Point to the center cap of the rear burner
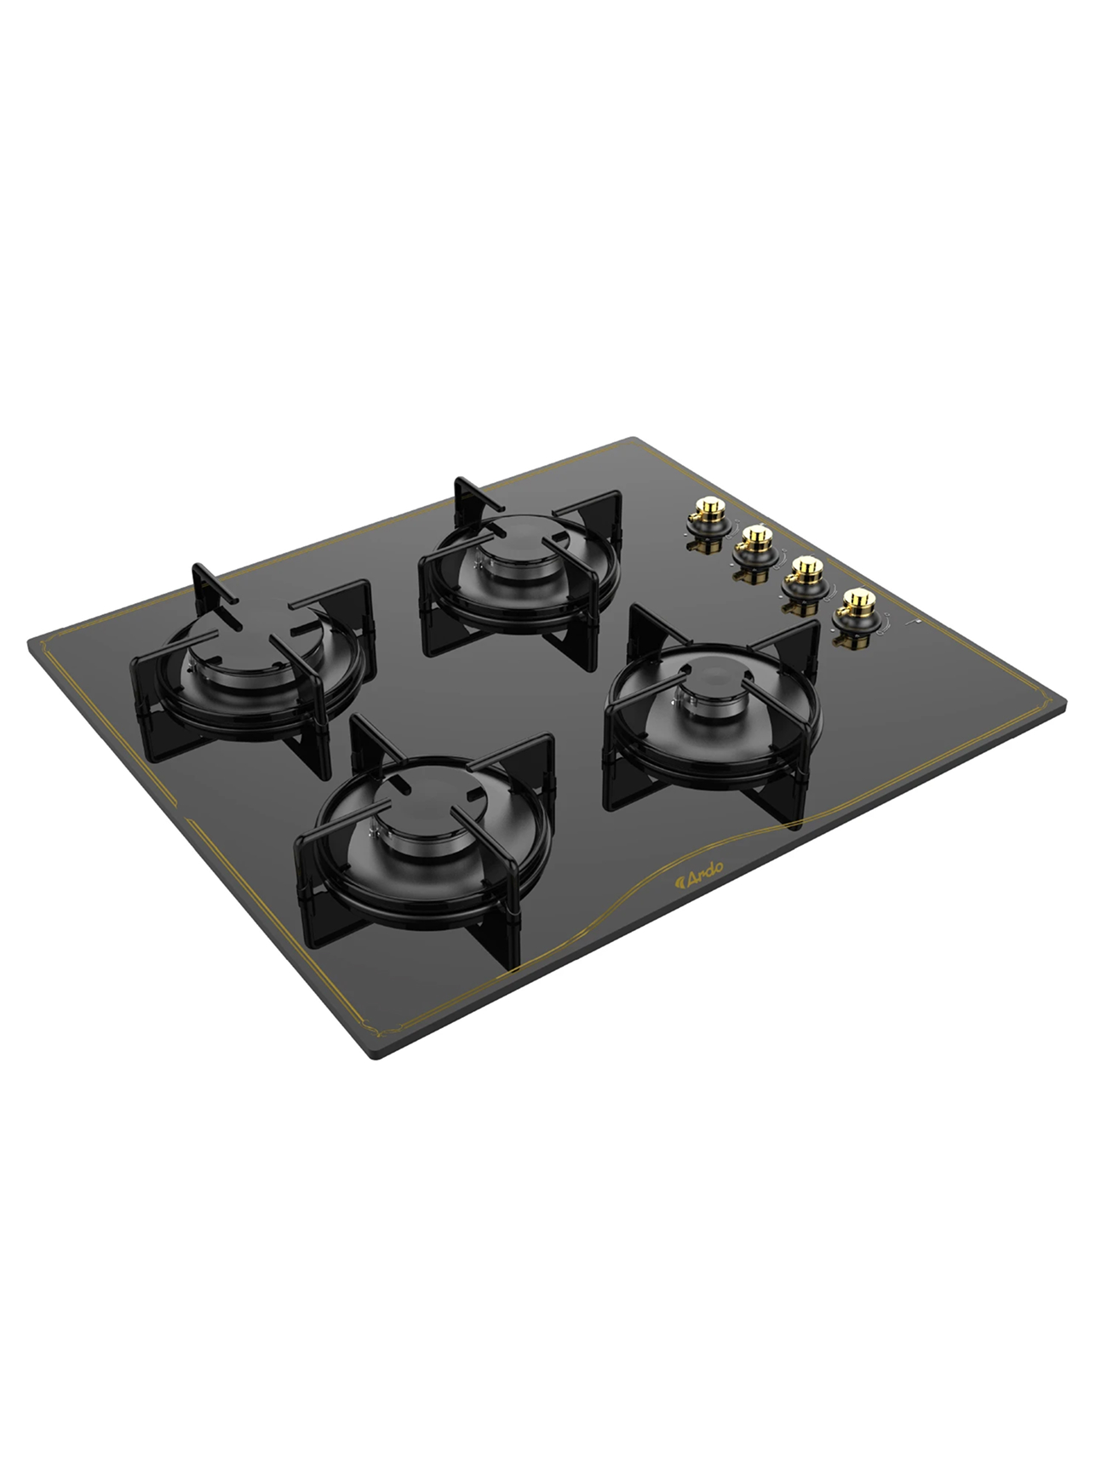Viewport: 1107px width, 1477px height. pos(518,544)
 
